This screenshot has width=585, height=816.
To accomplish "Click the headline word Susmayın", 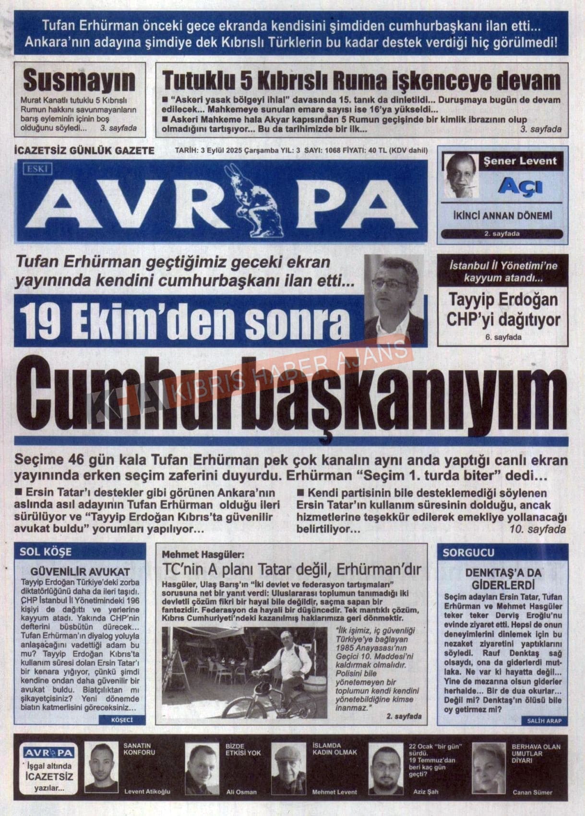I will [79, 80].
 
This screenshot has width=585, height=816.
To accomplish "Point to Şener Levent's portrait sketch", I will [461, 175].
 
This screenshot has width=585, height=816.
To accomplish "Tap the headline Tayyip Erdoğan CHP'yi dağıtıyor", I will [502, 310].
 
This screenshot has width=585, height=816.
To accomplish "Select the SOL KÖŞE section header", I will [46, 552].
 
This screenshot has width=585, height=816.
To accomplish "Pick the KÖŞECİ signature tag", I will [121, 720].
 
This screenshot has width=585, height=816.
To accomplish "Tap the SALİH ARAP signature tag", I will [544, 720].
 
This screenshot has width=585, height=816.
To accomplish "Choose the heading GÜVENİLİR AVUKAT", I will [80, 572].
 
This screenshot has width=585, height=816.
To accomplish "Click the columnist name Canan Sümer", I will [532, 792].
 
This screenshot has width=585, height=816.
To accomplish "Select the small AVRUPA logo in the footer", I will [48, 753].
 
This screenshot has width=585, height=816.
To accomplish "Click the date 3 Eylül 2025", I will [221, 150].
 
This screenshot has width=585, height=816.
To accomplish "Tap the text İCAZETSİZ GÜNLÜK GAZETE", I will [84, 151].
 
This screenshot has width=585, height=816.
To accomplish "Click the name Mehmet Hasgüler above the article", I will [203, 554].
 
